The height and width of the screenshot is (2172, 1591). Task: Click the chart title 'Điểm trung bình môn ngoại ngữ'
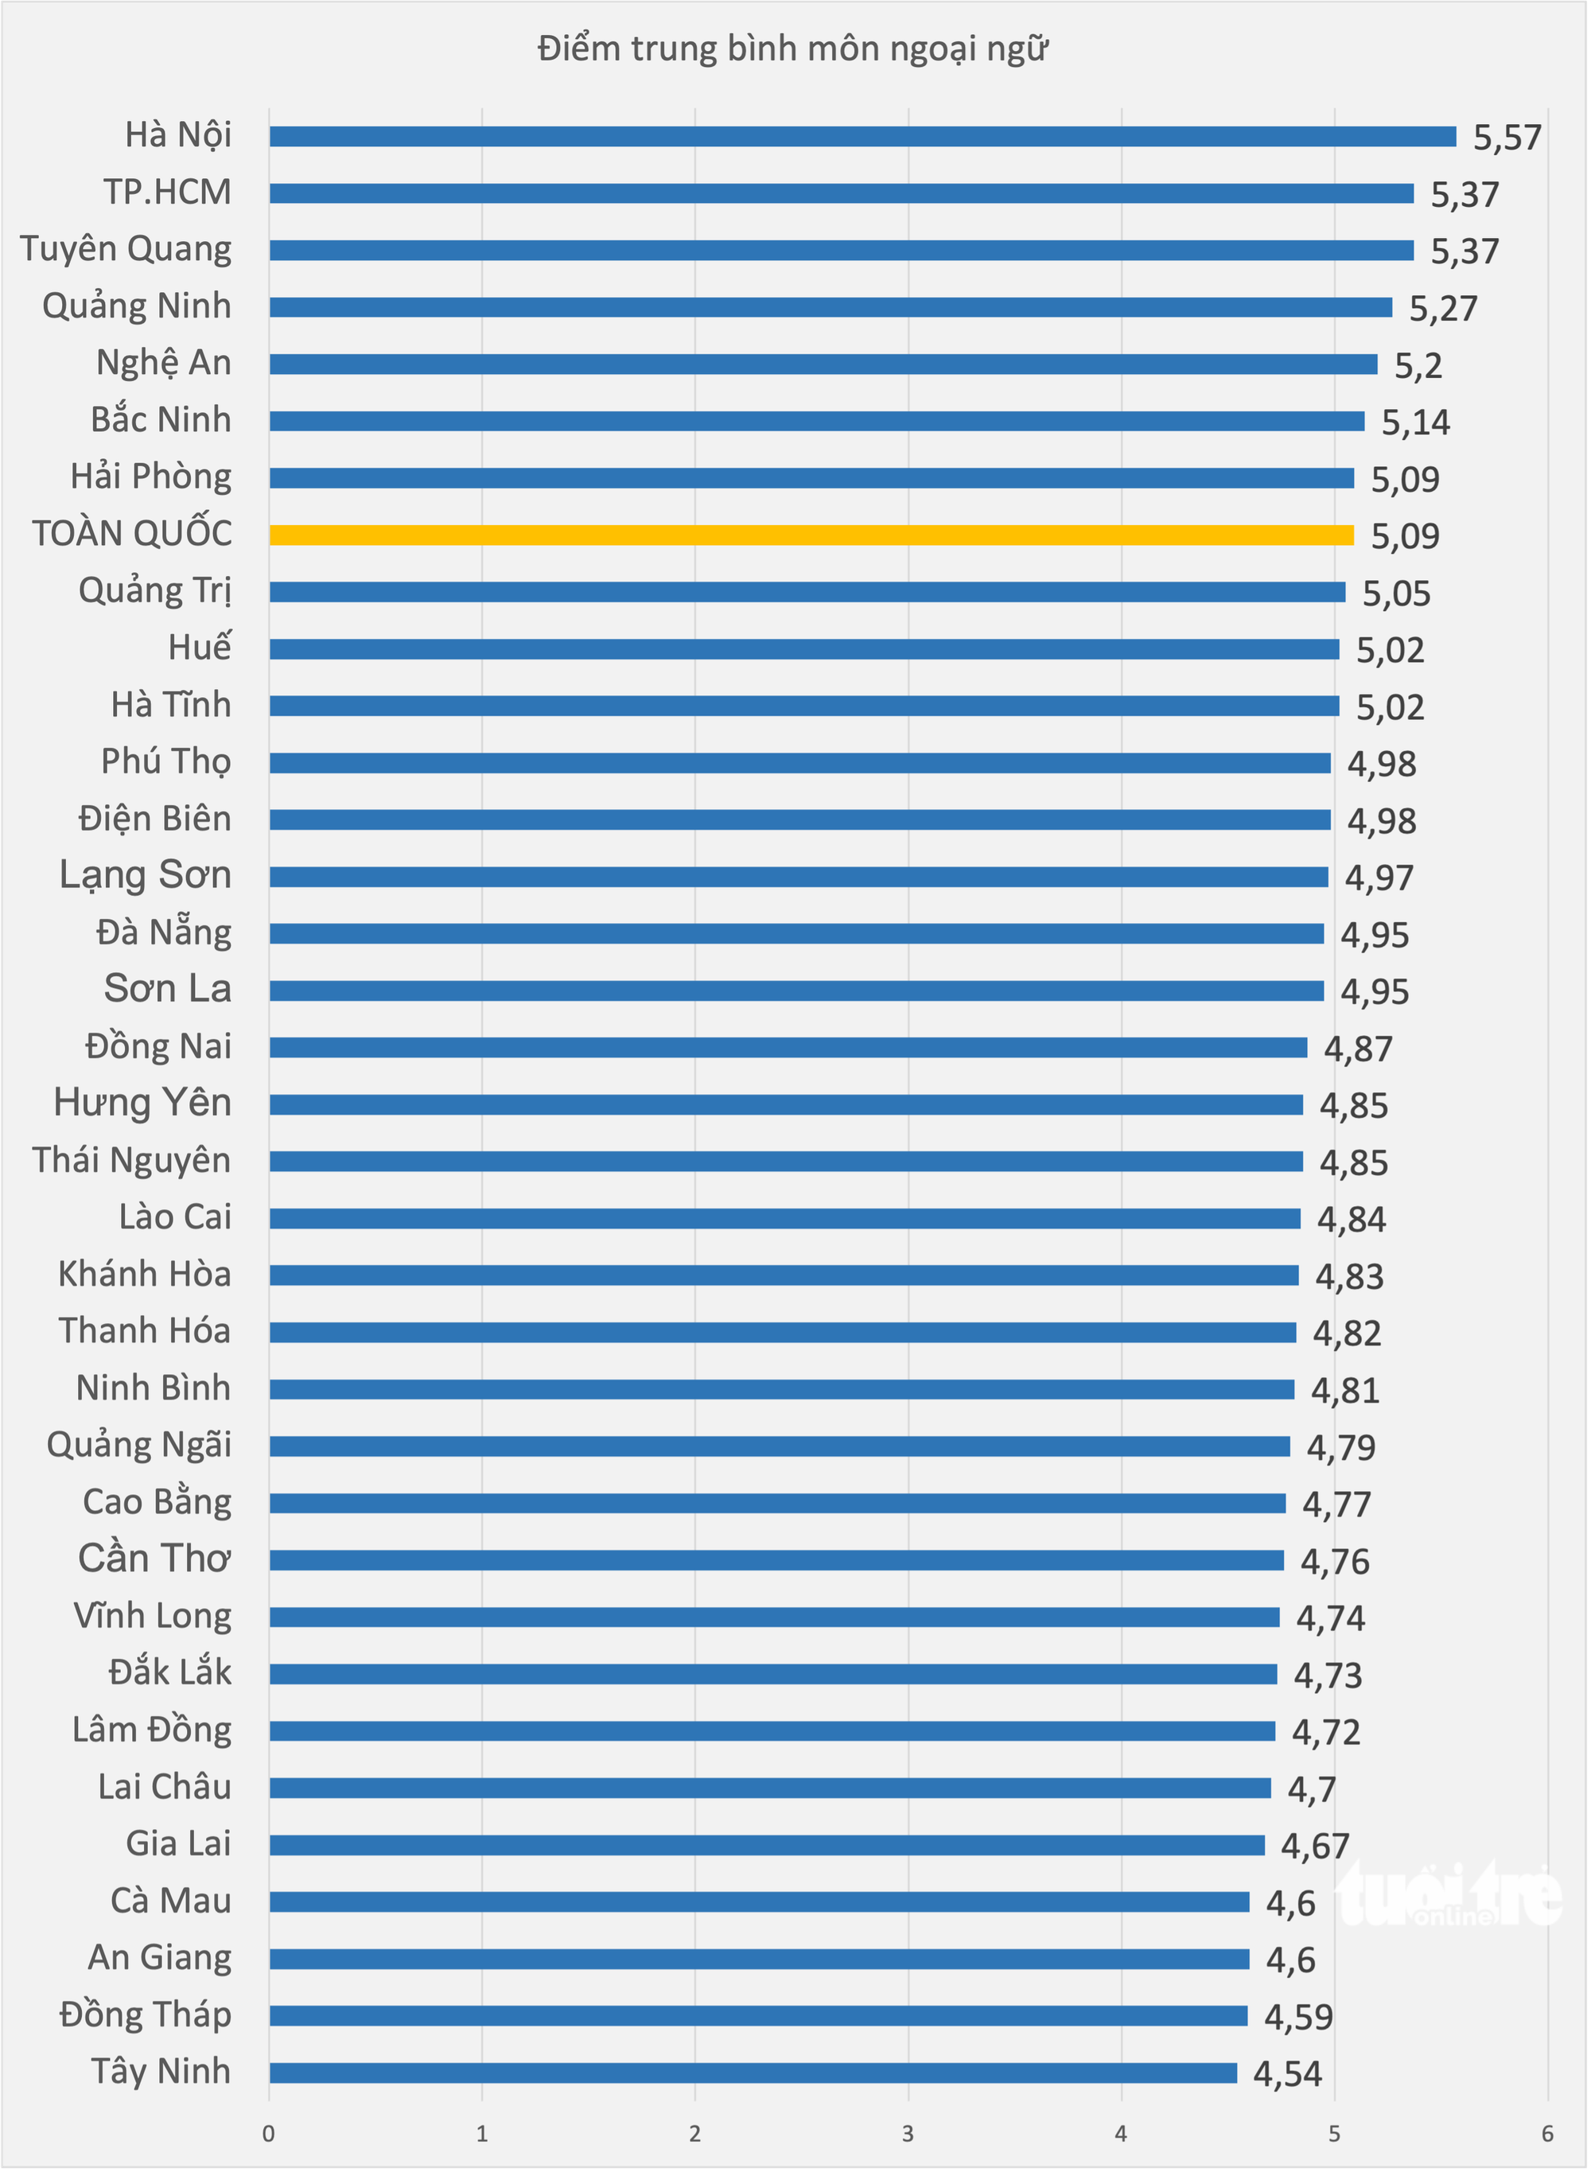[x=792, y=49]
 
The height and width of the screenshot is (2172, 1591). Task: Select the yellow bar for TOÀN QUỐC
[x=812, y=535]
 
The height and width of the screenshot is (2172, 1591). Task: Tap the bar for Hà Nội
[x=863, y=137]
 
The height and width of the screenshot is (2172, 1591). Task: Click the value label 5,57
[x=1507, y=138]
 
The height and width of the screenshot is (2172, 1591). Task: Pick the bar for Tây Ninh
[x=753, y=2072]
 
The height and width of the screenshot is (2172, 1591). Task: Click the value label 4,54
[x=1288, y=2074]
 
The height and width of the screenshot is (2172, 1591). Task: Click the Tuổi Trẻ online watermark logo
[x=1449, y=1894]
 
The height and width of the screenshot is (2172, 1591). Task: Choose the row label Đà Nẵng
[x=164, y=933]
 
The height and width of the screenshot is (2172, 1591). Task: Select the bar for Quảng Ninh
[x=831, y=307]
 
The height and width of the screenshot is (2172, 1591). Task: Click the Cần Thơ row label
[x=155, y=1559]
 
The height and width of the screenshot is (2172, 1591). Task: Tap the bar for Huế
[x=804, y=649]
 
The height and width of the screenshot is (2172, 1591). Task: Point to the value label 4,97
[x=1379, y=878]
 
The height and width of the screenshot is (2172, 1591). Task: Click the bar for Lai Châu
[x=771, y=1788]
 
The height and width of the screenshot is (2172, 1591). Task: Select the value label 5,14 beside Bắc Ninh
[x=1416, y=422]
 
